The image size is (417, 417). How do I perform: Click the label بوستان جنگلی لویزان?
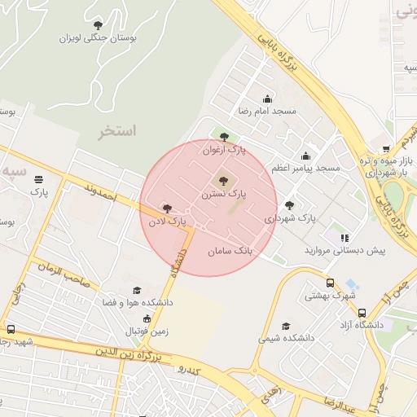[x=98, y=37]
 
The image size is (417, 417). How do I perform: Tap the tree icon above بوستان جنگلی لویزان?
[x=98, y=24]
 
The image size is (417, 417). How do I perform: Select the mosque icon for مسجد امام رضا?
[x=268, y=99]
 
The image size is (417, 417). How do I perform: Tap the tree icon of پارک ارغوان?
[x=225, y=137]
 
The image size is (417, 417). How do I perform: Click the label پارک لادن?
[x=167, y=221]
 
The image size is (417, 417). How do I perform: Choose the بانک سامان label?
[x=230, y=252]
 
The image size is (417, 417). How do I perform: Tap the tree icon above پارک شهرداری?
[x=289, y=205]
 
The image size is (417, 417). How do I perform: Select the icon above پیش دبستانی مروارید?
[x=345, y=238]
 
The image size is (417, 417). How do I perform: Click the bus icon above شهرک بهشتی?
[x=330, y=283]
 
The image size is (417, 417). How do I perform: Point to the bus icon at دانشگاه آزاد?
[x=362, y=313]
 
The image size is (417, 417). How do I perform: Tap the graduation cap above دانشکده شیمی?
[x=285, y=325]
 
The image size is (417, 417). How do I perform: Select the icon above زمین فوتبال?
[x=147, y=318]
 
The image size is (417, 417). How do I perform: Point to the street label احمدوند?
[x=101, y=192]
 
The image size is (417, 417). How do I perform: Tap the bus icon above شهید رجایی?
[x=11, y=329]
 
